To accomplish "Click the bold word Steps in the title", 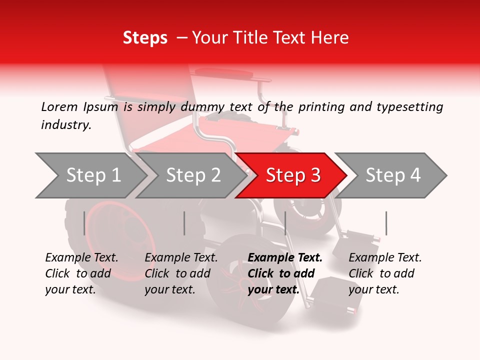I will tap(145, 38).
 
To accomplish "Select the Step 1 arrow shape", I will tap(90, 175).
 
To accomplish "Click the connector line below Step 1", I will tap(84, 223).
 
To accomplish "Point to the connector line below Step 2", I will tap(184, 223).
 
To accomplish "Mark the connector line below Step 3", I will tap(285, 223).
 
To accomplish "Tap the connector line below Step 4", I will tap(386, 223).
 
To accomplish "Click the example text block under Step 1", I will tap(81, 273).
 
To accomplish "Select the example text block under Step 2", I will tap(181, 273).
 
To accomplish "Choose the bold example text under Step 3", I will tap(285, 273).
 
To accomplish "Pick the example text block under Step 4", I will tap(385, 273).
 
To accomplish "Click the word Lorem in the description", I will tap(59, 106).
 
